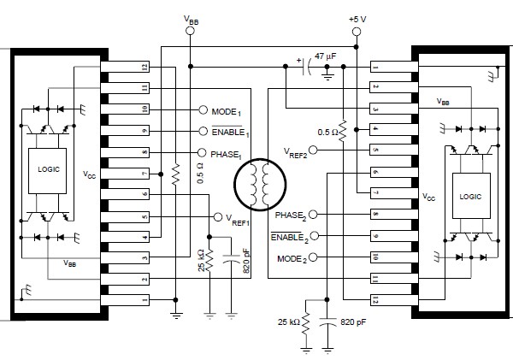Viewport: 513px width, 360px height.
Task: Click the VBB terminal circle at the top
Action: coord(190,31)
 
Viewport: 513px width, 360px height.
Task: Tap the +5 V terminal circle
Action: coord(357,32)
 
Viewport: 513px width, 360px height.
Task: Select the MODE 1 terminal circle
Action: coord(203,110)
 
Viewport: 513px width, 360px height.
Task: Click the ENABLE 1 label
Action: coord(230,132)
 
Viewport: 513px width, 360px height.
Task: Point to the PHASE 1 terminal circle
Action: coord(202,153)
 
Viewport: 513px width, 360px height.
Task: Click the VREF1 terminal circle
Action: coord(218,217)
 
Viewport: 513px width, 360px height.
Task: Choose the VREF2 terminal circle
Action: coord(313,150)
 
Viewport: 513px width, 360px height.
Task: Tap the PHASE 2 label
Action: coord(291,215)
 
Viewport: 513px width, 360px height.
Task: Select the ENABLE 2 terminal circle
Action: coord(314,236)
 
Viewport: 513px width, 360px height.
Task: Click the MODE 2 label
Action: coord(292,259)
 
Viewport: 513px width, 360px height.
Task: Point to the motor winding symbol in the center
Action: coord(260,185)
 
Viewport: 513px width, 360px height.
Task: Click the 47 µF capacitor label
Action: coord(325,56)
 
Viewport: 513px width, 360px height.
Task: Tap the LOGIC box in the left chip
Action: coord(48,171)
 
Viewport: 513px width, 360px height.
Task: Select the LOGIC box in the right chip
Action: coord(471,196)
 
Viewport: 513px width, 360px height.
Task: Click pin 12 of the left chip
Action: coord(125,67)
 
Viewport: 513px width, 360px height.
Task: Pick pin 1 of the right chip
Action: coord(394,67)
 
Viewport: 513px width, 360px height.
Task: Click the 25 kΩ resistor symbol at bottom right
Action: coord(305,324)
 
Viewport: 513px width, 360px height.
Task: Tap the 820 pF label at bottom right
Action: coord(353,322)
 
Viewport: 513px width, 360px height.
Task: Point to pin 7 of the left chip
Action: coord(125,174)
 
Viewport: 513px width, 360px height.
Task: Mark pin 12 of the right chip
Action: coord(394,300)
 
